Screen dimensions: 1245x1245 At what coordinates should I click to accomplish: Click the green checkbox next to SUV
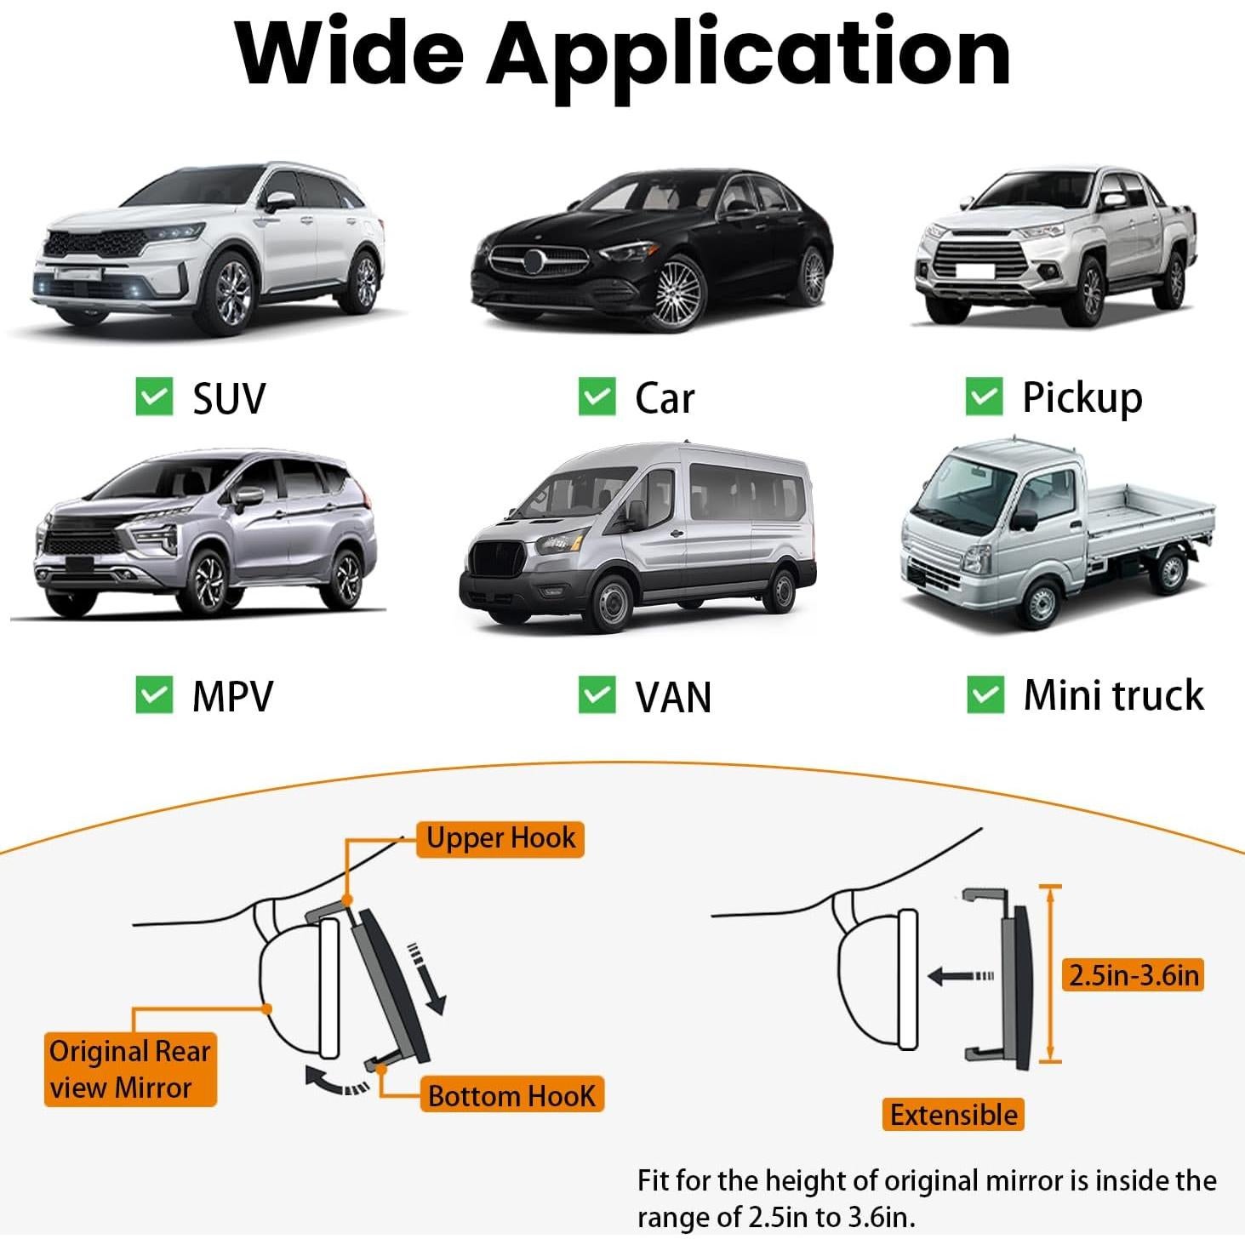(154, 396)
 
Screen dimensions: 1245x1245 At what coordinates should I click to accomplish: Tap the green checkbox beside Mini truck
(985, 694)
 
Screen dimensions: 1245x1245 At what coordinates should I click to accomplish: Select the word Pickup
(1082, 398)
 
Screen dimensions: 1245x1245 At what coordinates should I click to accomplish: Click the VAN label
(673, 697)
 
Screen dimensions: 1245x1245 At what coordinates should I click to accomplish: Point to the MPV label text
(232, 696)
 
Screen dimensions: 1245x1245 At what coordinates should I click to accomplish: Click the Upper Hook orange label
(500, 839)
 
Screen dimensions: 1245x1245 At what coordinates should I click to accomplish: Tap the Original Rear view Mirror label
(130, 1069)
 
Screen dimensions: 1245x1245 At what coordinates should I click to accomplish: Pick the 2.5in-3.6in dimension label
(1134, 975)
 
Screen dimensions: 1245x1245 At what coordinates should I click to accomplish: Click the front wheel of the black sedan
(677, 294)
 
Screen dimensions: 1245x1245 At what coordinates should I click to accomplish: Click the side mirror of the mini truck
(1024, 521)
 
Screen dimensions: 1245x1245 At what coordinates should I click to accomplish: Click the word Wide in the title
(350, 52)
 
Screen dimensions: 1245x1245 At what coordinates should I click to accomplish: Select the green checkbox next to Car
(597, 396)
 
